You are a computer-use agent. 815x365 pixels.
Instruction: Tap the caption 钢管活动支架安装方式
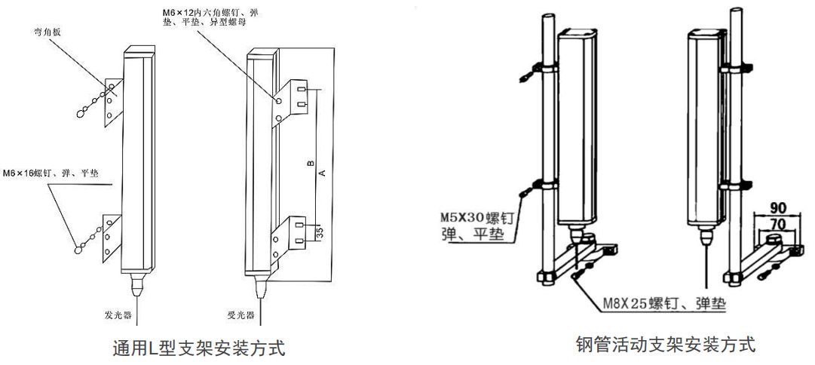[x=664, y=345]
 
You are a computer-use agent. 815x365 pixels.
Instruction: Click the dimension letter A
[x=322, y=173]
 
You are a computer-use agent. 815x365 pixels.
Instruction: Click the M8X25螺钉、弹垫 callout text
[x=664, y=305]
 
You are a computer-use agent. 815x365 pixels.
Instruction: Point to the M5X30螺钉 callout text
[x=477, y=217]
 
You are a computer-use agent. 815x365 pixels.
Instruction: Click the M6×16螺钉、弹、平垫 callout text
[x=51, y=173]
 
